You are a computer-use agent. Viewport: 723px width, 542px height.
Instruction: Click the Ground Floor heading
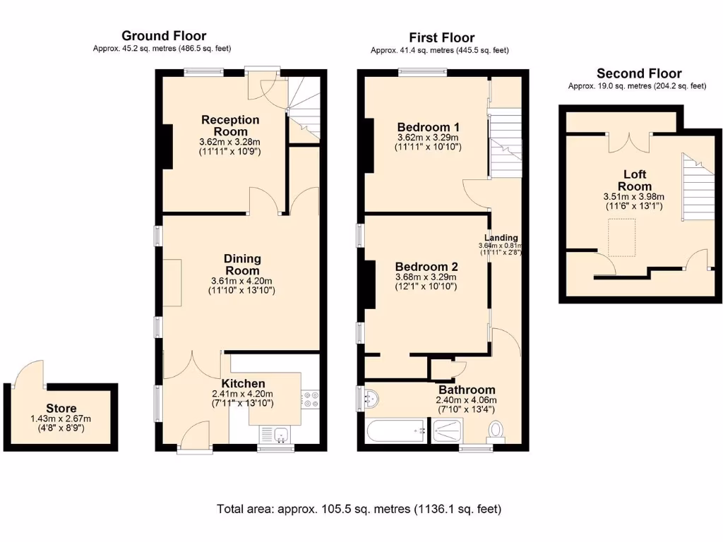pos(164,35)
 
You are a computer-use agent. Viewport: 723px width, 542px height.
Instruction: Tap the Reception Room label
pos(230,126)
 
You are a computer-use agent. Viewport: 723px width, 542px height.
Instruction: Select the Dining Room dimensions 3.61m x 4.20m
pos(242,280)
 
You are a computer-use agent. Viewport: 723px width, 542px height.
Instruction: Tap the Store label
pos(61,408)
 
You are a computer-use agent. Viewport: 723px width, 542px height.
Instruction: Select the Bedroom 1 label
pos(427,126)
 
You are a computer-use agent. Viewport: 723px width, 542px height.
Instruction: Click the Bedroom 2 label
pos(426,267)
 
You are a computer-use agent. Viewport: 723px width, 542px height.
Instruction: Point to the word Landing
pos(501,238)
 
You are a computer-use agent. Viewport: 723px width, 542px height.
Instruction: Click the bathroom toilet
pos(496,430)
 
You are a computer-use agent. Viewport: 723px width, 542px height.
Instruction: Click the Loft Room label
pos(634,179)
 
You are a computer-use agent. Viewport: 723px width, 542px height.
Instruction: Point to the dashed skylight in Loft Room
pos(622,237)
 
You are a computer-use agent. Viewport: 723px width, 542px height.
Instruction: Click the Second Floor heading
pos(639,73)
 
